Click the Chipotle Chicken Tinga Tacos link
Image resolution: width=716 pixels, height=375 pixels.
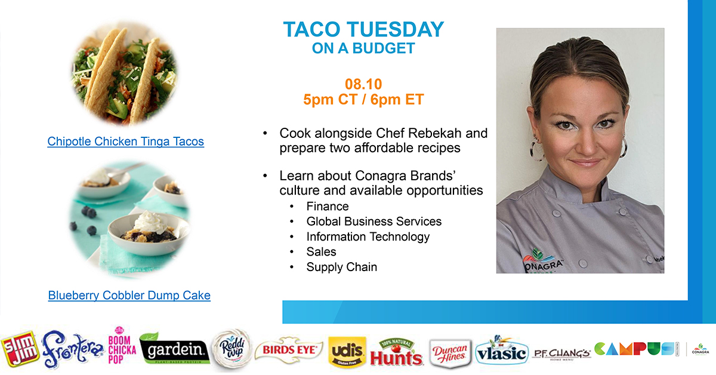(125, 142)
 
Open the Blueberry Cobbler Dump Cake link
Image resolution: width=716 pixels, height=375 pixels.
(129, 295)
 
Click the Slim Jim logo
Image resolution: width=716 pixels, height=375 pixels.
(20, 349)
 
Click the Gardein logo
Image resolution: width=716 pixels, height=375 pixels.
(174, 351)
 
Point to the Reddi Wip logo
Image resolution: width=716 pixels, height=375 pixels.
(232, 349)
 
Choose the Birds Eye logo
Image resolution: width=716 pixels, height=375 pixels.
(288, 350)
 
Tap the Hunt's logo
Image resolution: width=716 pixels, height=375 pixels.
(396, 352)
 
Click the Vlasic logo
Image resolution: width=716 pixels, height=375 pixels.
(501, 352)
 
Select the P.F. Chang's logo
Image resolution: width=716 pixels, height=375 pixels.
(561, 352)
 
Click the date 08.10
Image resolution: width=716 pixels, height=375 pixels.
(363, 83)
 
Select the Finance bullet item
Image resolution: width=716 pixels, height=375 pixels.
(328, 206)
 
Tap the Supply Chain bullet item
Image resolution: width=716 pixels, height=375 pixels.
(341, 267)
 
